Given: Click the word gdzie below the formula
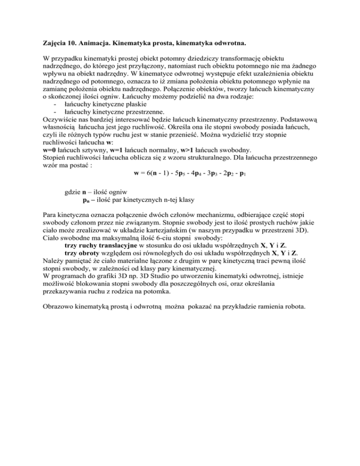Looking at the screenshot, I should coord(72,205).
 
